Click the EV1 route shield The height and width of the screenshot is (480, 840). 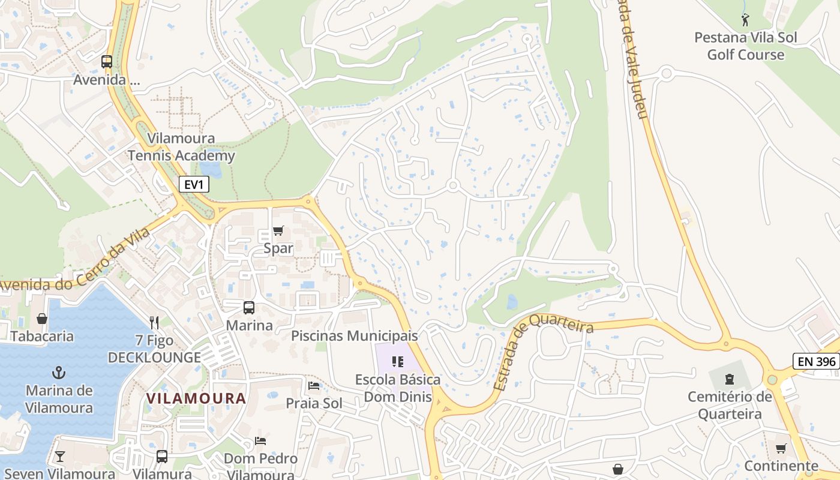(194, 184)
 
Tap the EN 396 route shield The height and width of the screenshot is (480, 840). (815, 361)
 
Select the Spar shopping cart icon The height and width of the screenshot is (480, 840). (278, 230)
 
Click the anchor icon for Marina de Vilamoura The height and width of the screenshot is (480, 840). (59, 373)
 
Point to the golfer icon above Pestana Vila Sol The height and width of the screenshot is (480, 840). (745, 20)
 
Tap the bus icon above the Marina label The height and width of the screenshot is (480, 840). (248, 308)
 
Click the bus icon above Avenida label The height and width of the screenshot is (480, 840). (107, 61)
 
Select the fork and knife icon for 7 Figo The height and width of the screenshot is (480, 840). (154, 323)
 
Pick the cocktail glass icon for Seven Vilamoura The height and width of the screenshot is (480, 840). (59, 457)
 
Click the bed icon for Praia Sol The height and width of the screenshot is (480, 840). (313, 385)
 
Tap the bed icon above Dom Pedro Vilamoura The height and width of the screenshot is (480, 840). (260, 441)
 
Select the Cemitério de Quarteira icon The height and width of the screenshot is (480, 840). (729, 379)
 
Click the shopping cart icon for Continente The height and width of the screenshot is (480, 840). (781, 448)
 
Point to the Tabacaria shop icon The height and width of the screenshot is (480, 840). (42, 318)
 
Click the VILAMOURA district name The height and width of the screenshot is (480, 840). (196, 398)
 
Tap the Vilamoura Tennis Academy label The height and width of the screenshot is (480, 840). (181, 148)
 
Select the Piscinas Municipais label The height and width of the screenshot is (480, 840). (354, 335)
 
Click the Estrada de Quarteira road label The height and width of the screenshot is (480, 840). (543, 354)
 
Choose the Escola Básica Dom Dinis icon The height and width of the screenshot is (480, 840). (397, 361)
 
